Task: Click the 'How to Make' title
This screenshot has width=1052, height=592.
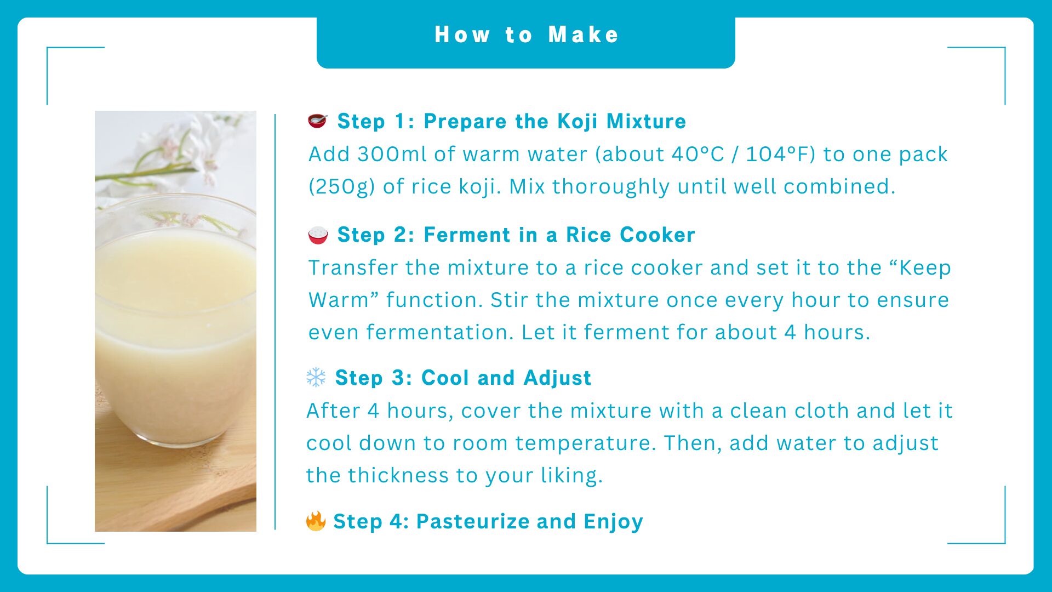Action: tap(527, 35)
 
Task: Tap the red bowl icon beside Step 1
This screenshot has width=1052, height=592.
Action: tap(317, 121)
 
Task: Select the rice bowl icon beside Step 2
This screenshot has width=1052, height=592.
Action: tap(318, 235)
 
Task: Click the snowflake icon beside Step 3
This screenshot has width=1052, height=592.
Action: tap(316, 377)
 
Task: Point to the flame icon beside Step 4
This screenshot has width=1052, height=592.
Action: tap(316, 521)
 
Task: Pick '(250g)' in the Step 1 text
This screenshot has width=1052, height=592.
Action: tap(342, 186)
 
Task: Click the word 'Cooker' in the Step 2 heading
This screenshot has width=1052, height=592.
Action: tap(658, 235)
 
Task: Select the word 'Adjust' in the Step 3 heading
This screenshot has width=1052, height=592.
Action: tap(557, 378)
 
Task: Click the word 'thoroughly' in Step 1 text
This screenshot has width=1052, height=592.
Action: tap(611, 187)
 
